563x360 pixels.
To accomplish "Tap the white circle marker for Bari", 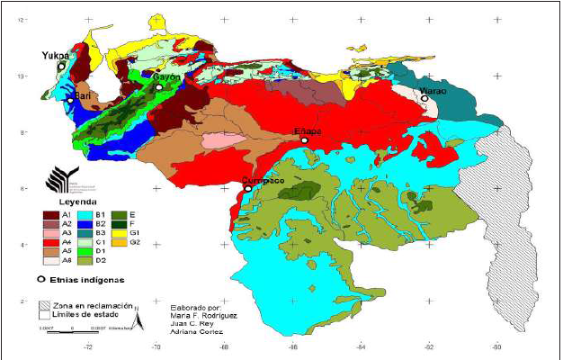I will tap(70, 101).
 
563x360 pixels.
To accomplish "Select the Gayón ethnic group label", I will tap(166, 77).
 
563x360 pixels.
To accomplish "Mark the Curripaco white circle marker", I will tap(247, 188).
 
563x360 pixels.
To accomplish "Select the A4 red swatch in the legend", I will tap(51, 242).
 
